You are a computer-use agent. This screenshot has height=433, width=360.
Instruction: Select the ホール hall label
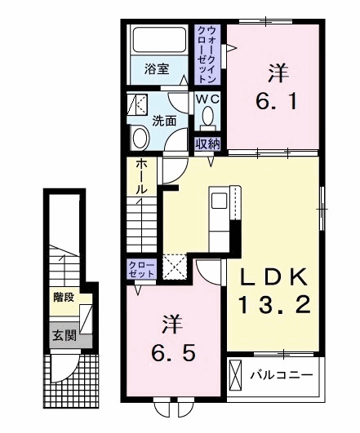141,176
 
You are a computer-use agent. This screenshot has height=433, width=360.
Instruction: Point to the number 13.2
274,307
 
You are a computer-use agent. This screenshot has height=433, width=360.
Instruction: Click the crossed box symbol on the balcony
237,377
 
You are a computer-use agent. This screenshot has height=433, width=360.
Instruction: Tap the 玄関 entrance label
61,334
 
